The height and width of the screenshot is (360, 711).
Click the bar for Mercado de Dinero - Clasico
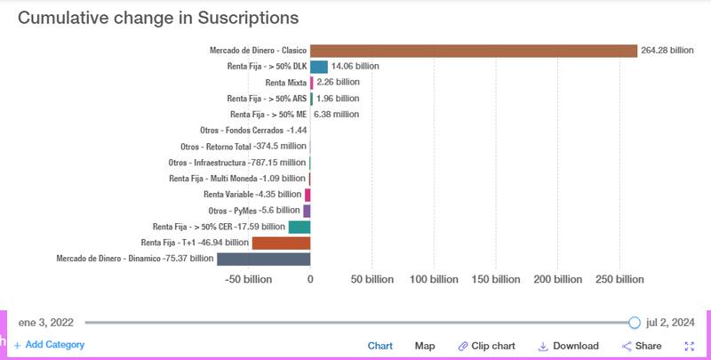474,51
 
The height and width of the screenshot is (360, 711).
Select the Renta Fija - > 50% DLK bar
319,67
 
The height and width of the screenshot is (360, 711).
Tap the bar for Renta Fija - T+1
281,243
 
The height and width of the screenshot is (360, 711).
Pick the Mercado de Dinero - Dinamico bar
263,259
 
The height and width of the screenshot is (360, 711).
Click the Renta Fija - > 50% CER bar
300,227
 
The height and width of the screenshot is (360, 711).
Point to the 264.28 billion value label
667,51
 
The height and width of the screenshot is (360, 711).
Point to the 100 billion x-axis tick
434,279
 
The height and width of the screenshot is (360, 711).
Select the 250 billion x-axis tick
619,279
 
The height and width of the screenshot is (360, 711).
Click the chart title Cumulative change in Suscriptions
158,18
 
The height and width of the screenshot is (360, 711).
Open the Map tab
425,346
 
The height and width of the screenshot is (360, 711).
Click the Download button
569,346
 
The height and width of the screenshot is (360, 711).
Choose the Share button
642,346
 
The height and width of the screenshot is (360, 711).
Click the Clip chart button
487,346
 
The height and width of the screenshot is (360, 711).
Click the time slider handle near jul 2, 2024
635,323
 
